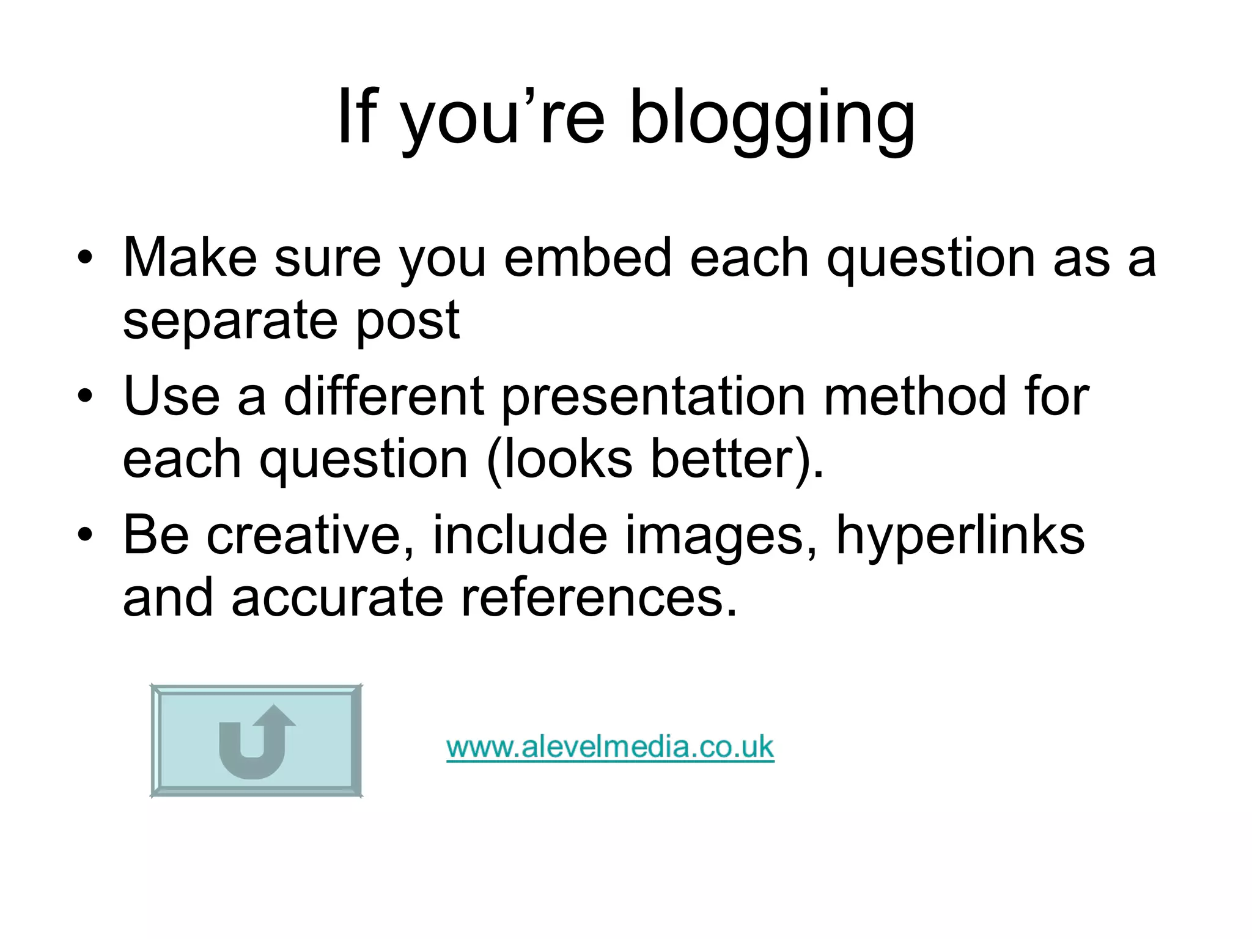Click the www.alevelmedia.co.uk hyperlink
[x=610, y=747]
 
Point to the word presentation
[x=654, y=396]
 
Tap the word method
[x=914, y=396]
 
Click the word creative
[x=311, y=536]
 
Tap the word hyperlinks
[x=960, y=536]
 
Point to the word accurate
[x=337, y=598]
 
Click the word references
[x=599, y=598]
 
